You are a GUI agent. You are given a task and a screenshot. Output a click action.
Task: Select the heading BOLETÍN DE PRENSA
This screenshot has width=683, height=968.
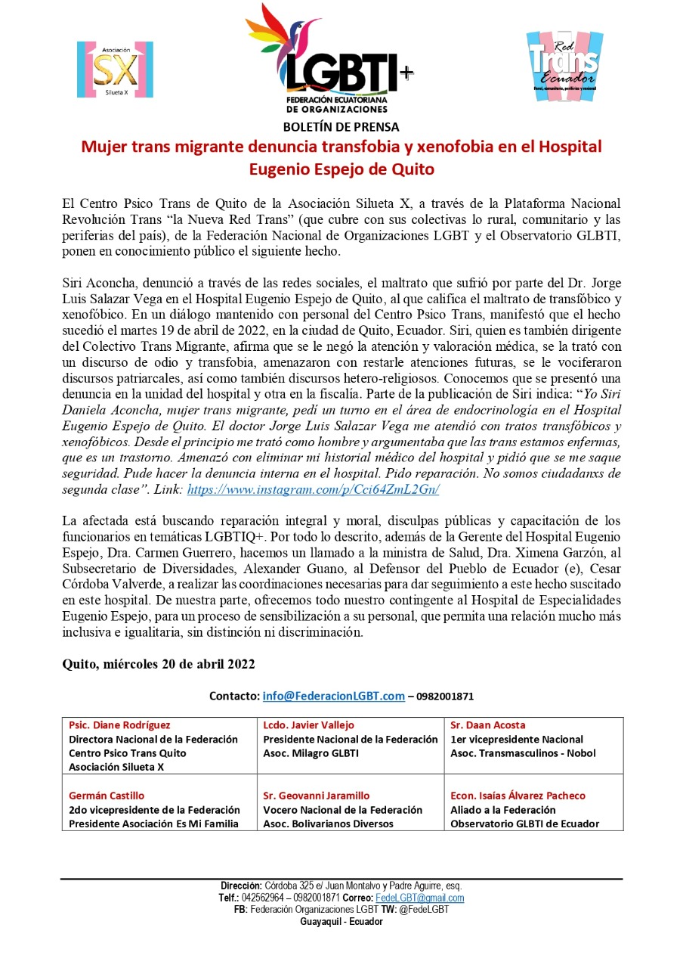[341, 127]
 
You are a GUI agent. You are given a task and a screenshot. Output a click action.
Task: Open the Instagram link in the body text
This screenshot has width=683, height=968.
[313, 489]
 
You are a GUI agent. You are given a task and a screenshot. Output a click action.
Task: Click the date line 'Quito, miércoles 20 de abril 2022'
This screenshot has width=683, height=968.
[158, 664]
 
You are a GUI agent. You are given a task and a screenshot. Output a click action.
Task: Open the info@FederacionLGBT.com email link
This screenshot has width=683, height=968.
[333, 696]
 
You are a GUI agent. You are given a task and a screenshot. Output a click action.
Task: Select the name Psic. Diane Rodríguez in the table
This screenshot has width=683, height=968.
[119, 725]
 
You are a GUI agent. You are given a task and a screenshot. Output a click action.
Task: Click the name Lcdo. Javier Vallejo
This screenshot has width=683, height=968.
[308, 725]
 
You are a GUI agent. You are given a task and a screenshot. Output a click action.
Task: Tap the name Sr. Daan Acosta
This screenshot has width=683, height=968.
[487, 725]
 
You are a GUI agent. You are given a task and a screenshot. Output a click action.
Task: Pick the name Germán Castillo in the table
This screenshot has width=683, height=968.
[106, 796]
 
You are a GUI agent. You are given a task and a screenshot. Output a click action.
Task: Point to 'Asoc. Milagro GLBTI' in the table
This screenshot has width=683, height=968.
[311, 753]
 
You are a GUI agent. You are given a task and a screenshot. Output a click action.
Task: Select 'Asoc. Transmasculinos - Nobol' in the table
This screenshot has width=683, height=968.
[523, 753]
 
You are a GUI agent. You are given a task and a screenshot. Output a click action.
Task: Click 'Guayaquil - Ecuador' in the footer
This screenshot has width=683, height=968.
[341, 922]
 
